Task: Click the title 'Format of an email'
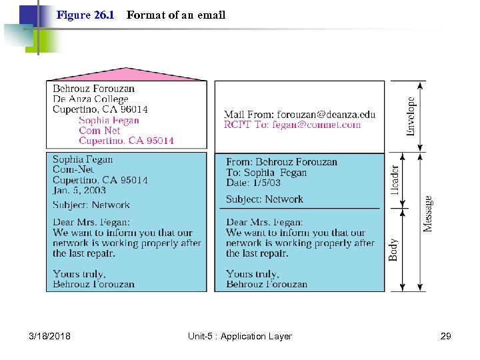point(176,15)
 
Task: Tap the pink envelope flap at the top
point(126,74)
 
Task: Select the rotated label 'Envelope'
point(411,117)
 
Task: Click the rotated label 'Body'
point(394,249)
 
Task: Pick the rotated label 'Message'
point(427,213)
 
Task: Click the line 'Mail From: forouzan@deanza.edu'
point(299,114)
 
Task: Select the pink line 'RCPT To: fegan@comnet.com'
point(292,124)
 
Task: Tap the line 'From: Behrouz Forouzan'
point(281,162)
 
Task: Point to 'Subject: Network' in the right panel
point(264,199)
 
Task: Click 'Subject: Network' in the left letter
point(91,205)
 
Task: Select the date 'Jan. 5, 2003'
point(79,190)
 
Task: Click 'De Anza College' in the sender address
point(91,99)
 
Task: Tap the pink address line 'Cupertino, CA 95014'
point(126,141)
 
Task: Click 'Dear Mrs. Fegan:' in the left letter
point(91,222)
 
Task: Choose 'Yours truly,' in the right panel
point(253,274)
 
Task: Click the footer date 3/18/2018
point(50,337)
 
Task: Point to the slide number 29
point(446,337)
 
